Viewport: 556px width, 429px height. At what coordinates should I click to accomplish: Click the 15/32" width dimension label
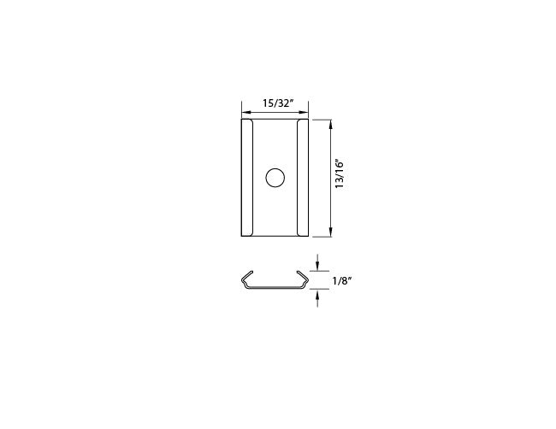coord(278,103)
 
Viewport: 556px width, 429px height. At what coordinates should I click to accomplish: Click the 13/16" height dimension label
coord(340,174)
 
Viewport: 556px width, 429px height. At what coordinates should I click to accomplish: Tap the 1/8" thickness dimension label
coord(342,281)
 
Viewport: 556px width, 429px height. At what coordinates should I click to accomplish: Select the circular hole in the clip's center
coord(275,178)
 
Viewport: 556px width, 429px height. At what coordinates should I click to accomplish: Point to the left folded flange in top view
coord(247,178)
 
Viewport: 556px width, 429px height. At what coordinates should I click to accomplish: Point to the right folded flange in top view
coord(303,178)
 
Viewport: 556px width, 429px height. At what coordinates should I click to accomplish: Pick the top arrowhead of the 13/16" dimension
coord(330,124)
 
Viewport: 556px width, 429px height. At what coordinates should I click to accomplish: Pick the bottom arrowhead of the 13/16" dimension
coord(330,232)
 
